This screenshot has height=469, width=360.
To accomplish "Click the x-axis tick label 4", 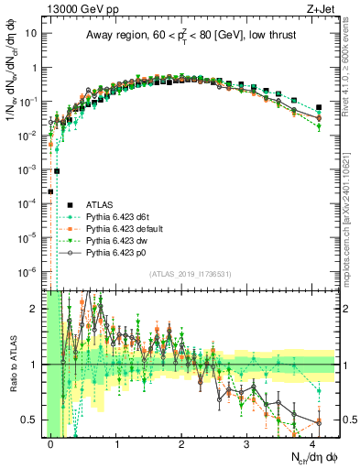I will click(x=313, y=442).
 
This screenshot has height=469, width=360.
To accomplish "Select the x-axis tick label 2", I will click(x=182, y=442).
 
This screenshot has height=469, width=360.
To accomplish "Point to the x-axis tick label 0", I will click(x=51, y=442).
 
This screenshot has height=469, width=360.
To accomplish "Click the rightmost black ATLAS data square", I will click(x=319, y=107).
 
